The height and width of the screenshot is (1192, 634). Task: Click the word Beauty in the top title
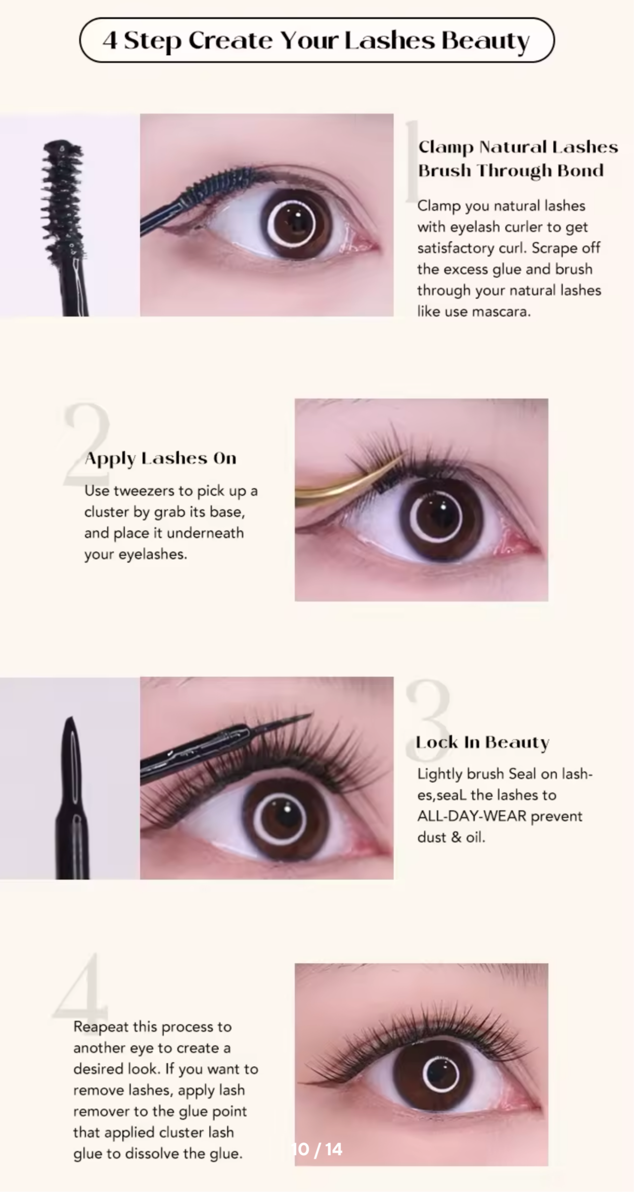point(485,40)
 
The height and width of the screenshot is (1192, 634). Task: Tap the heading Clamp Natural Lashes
point(518,147)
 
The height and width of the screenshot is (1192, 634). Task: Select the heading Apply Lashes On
point(160,458)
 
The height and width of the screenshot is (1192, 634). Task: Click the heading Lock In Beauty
point(482,742)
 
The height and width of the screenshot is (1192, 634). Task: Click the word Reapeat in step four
point(101,1027)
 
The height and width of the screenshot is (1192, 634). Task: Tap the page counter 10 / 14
point(317,1149)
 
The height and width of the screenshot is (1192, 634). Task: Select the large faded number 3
point(428,718)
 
